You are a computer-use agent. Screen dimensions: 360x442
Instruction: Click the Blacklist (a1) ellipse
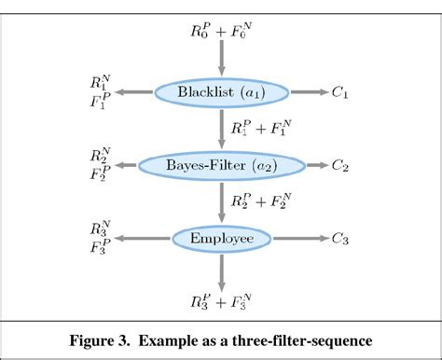point(220,91)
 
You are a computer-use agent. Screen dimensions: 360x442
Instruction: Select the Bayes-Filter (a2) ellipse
point(220,166)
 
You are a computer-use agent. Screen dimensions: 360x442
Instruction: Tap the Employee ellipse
point(221,240)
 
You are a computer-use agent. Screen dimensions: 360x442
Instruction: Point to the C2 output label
point(341,166)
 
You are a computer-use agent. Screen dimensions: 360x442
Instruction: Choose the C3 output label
point(341,240)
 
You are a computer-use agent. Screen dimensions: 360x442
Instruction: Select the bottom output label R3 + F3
point(220,300)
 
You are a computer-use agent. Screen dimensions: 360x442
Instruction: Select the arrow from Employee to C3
point(298,240)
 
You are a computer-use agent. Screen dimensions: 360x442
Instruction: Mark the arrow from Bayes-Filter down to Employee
point(220,202)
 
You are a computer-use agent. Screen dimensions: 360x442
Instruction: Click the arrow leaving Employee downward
point(220,272)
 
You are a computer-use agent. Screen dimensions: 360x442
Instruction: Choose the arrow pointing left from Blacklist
point(133,91)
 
